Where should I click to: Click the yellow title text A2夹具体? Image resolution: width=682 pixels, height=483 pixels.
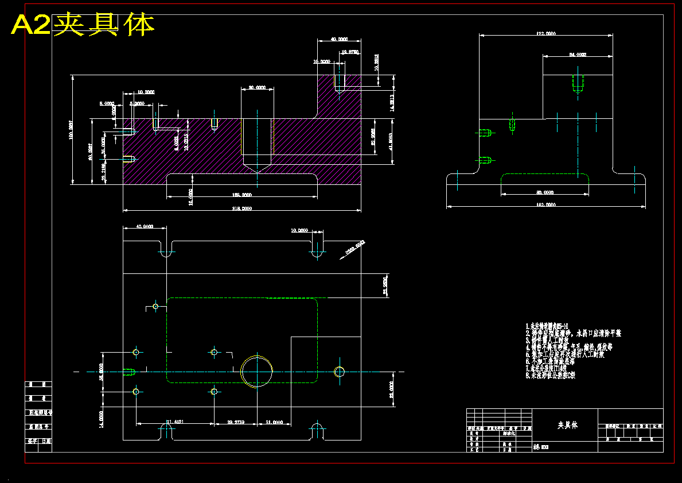(83, 25)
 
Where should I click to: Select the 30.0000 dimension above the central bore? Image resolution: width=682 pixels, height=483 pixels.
(257, 88)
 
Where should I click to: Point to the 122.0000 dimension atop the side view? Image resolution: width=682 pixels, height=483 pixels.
(546, 34)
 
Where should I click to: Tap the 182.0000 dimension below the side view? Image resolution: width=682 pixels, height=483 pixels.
(546, 204)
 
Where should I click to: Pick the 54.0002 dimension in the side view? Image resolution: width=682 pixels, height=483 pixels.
(577, 55)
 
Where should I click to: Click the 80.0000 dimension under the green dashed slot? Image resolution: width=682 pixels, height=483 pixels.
(545, 192)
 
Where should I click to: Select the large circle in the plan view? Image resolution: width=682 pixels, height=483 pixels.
(258, 370)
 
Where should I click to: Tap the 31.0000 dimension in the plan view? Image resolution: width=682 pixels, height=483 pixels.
(274, 422)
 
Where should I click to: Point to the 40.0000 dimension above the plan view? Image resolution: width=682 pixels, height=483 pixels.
(145, 227)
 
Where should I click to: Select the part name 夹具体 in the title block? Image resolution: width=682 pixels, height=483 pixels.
(568, 425)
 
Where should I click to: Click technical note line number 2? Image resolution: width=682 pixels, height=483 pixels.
(574, 333)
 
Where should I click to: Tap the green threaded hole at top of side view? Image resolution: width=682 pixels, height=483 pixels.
(578, 84)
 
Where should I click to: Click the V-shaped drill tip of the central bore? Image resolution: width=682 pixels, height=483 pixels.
(258, 168)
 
